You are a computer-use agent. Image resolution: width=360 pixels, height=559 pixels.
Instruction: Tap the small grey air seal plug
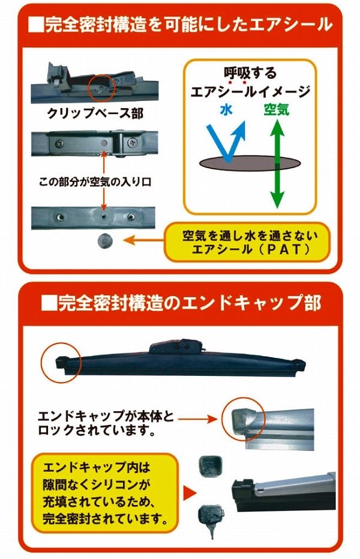point(104,241)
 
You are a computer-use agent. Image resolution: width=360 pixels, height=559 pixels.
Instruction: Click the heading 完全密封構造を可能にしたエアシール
point(179,25)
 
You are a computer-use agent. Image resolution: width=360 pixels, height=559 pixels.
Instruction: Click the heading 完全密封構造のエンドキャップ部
point(181,303)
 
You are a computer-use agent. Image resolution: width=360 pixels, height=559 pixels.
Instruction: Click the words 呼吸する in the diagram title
point(250,73)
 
